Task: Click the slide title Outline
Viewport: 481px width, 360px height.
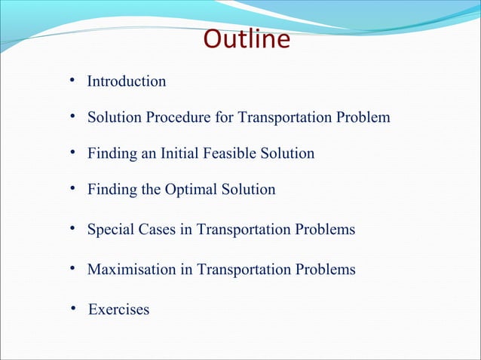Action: pos(247,40)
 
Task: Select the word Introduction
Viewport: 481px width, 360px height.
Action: pos(127,81)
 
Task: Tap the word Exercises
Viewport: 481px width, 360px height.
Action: pos(118,310)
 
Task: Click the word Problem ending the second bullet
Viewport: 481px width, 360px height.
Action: pos(364,118)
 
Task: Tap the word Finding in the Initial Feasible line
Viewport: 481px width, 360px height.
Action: pos(112,154)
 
